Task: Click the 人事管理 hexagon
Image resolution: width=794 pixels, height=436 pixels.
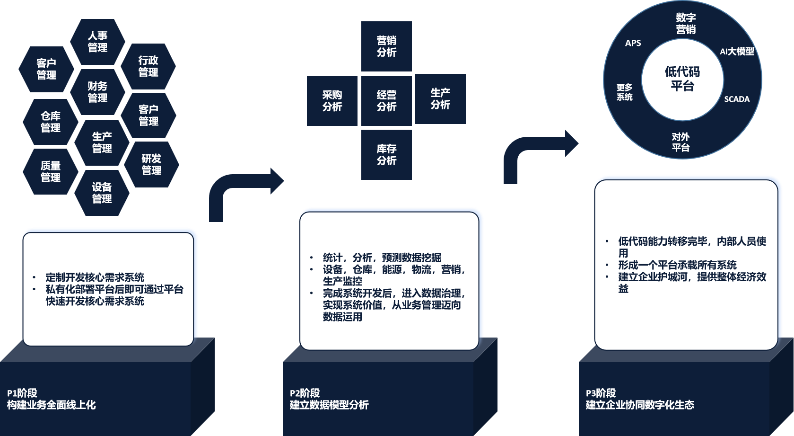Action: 97,42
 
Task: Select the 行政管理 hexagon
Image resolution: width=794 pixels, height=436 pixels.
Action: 148,66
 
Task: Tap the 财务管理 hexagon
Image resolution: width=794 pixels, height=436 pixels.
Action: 97,92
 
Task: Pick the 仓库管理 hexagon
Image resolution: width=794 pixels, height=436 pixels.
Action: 51,122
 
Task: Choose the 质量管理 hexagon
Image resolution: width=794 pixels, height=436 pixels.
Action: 51,171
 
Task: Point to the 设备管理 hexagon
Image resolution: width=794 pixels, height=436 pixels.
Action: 102,193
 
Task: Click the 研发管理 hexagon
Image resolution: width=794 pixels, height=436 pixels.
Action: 151,164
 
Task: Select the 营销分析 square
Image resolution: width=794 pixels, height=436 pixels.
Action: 386,46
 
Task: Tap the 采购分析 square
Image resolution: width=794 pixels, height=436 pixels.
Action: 332,101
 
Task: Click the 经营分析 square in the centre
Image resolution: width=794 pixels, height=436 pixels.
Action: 386,101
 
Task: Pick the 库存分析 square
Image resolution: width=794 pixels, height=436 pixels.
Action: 386,155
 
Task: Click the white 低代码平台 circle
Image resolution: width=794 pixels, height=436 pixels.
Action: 682,79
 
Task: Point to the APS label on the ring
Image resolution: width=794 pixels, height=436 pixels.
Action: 633,43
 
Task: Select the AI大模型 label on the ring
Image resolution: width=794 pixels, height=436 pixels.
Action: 737,51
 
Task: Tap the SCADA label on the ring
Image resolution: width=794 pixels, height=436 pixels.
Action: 737,99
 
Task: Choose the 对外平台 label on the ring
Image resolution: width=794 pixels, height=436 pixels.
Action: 681,142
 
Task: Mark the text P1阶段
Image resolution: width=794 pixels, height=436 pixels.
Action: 22,393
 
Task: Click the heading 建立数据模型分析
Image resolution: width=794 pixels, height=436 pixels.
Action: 329,405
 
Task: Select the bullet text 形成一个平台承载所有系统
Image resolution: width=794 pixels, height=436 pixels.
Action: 677,265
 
